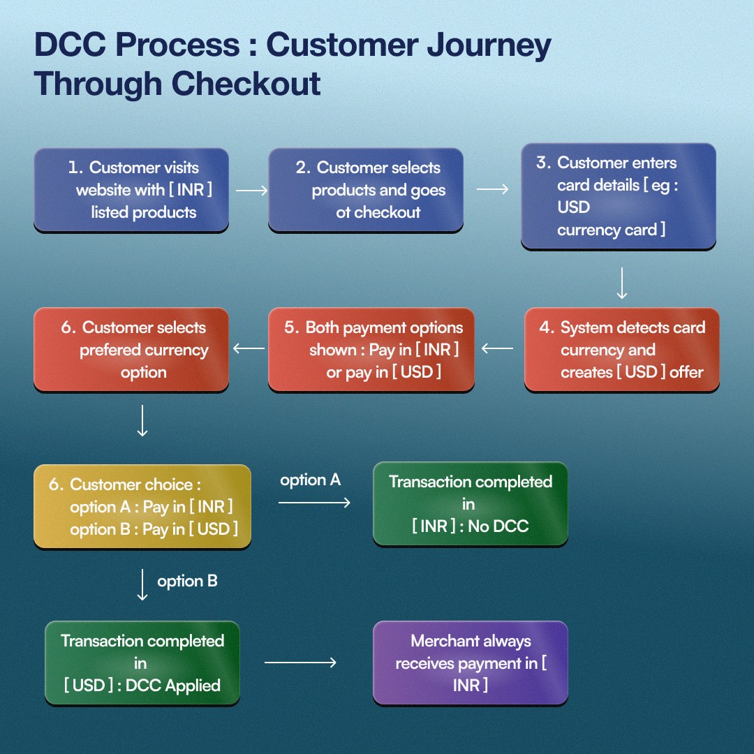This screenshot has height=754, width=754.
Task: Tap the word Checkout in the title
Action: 246,84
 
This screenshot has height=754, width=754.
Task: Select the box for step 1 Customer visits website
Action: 131,190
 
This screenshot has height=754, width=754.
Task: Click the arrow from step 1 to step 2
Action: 251,191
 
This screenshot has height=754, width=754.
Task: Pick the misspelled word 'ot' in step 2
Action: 343,212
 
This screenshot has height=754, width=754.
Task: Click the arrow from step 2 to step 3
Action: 492,189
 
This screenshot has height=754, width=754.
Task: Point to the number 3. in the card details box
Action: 543,163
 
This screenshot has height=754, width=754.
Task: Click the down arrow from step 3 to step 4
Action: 622,283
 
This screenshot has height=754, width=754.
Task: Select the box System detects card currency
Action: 622,350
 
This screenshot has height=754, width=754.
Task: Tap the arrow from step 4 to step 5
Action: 497,348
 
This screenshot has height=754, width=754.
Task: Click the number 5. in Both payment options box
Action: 292,327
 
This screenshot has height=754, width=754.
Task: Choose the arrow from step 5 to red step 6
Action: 249,348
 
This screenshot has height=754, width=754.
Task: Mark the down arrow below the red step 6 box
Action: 142,421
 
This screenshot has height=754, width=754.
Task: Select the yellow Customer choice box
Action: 142,506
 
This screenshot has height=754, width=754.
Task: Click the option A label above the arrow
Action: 310,480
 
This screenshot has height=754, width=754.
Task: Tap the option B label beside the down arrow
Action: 187,582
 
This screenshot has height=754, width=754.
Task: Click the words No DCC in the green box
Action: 498,526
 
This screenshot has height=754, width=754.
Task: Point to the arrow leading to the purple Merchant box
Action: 300,663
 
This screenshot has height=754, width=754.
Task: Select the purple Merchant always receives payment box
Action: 471,663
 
